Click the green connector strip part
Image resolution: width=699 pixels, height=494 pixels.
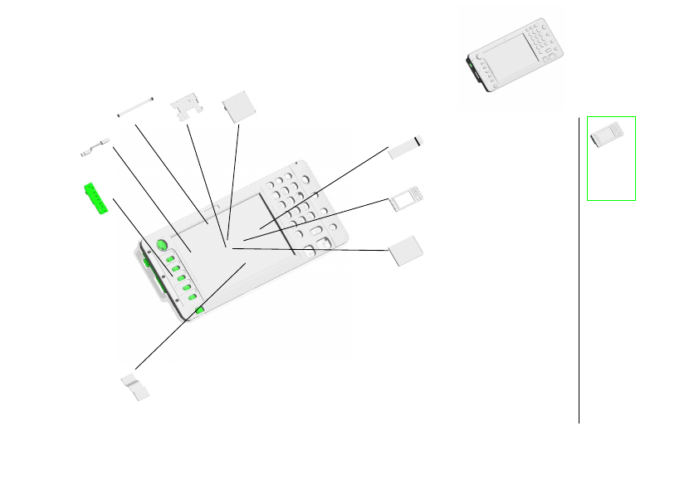[x=96, y=199]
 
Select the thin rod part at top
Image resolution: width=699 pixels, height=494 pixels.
[x=135, y=106]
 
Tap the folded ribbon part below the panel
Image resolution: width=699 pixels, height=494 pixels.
[x=136, y=386]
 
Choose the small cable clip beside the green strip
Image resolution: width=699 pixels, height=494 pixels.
[x=95, y=148]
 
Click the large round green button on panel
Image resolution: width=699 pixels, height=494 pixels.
[x=161, y=247]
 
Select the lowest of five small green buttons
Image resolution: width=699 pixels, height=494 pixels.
[x=188, y=297]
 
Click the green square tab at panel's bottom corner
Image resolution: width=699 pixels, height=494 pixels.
[x=200, y=311]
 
